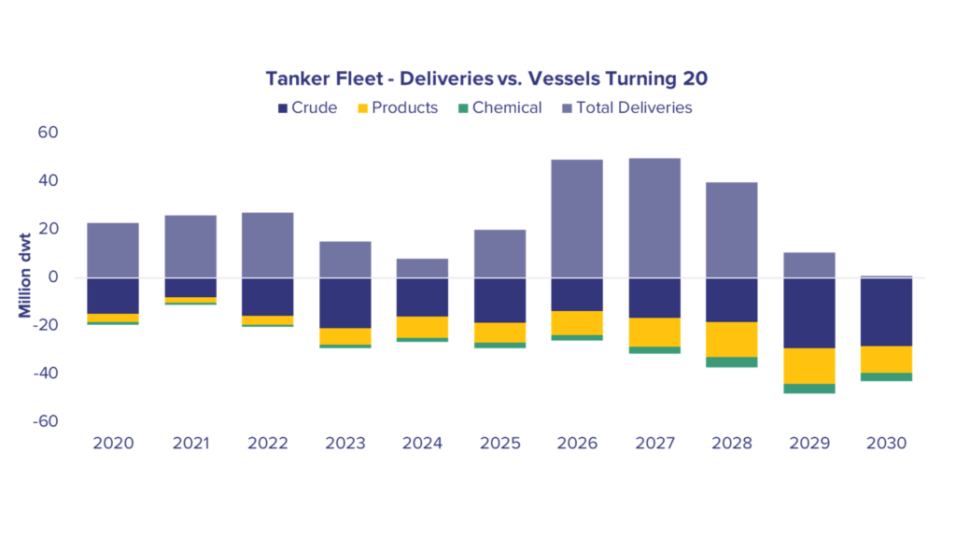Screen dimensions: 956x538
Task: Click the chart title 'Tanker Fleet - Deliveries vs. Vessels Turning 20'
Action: tap(485, 78)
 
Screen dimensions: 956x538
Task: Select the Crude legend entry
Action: tap(307, 108)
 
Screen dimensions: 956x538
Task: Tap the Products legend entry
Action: tap(398, 108)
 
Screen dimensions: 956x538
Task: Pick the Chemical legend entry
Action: tap(500, 108)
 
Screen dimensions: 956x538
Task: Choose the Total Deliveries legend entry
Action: tap(626, 108)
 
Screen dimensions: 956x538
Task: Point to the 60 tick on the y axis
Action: tap(48, 133)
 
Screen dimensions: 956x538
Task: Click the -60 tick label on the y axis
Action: tap(45, 421)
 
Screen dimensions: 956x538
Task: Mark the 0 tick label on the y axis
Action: tap(53, 276)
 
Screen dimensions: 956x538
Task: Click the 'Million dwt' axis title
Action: tap(24, 276)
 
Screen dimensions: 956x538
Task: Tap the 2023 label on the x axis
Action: tap(345, 444)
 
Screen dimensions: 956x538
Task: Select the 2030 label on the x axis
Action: tap(887, 444)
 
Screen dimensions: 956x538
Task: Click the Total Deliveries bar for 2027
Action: tap(654, 219)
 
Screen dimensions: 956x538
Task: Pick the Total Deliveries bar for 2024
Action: tap(423, 268)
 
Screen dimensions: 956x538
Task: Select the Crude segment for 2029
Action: tap(809, 314)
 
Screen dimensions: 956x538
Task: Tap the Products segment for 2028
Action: tap(732, 340)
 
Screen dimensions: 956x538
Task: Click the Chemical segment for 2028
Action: tap(732, 362)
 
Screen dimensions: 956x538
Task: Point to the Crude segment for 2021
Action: tap(190, 288)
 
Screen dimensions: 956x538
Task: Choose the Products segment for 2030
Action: tap(887, 360)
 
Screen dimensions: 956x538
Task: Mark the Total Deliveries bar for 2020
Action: tap(113, 250)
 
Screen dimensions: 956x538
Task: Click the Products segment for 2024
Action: tap(423, 328)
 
